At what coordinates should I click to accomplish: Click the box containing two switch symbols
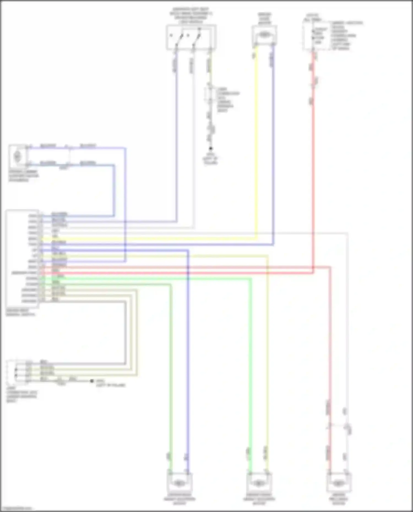point(191,37)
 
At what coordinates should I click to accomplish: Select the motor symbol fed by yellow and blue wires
point(264,35)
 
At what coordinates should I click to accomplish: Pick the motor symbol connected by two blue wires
point(18,156)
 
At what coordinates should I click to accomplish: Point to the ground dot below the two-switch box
point(211,149)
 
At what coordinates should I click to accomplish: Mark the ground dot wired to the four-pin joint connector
point(92,381)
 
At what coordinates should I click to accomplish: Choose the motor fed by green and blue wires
point(179,483)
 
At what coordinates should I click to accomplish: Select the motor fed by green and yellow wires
point(259,483)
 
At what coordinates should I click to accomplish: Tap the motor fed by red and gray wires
point(339,483)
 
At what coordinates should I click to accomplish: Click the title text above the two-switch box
point(191,15)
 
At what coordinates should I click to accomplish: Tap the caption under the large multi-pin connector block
point(21,313)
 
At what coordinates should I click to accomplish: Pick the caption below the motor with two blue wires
point(23,176)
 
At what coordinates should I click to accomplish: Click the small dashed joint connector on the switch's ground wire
point(210,95)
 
